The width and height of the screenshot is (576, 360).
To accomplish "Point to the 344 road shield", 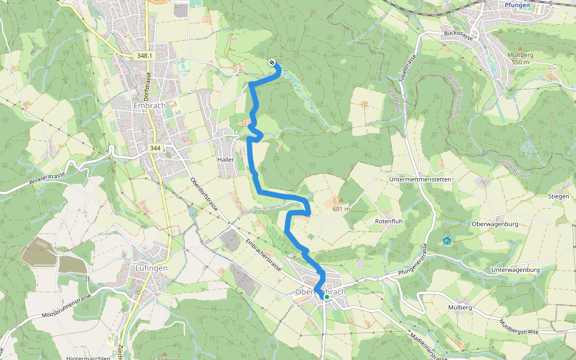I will coord(155,148).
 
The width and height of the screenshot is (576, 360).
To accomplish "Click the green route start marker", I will coord(327,297).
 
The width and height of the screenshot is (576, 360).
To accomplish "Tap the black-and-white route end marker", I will coord(272,62).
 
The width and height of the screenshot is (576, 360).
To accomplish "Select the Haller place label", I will coord(226,160).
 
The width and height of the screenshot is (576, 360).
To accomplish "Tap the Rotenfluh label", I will coord(388,221).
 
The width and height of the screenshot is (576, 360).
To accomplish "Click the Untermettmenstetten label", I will coord(420,180).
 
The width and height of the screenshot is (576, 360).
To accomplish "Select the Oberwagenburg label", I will coord(496,224).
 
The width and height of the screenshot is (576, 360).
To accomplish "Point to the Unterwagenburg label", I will coord(515,270).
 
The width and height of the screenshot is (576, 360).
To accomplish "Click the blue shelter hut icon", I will coord(446,241).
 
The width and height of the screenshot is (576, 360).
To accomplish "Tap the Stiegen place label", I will coord(557,196).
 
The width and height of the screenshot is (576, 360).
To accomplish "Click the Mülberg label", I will coord(460,308).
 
